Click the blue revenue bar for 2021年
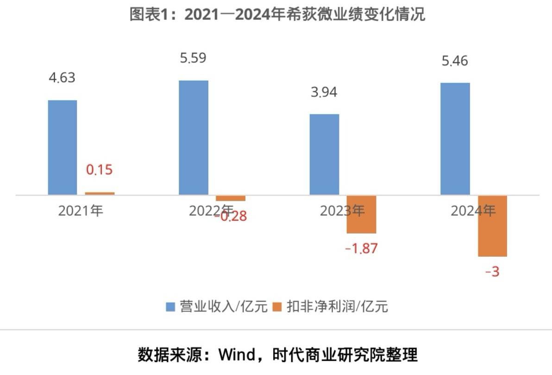(x=63, y=147)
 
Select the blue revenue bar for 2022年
(x=194, y=138)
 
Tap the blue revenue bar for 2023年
(x=324, y=154)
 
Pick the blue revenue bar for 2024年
(x=455, y=139)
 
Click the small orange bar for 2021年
(x=100, y=193)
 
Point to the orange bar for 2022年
(x=224, y=198)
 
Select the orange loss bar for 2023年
(x=361, y=214)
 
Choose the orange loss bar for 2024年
(x=492, y=226)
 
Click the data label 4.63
(x=62, y=77)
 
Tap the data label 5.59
(x=193, y=58)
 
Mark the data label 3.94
(x=324, y=92)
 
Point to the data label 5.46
(x=455, y=61)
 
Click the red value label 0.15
(x=99, y=170)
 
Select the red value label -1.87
(x=361, y=248)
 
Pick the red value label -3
(x=492, y=272)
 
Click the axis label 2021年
(x=81, y=211)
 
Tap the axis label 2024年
(x=473, y=211)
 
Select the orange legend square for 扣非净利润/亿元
(x=277, y=306)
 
